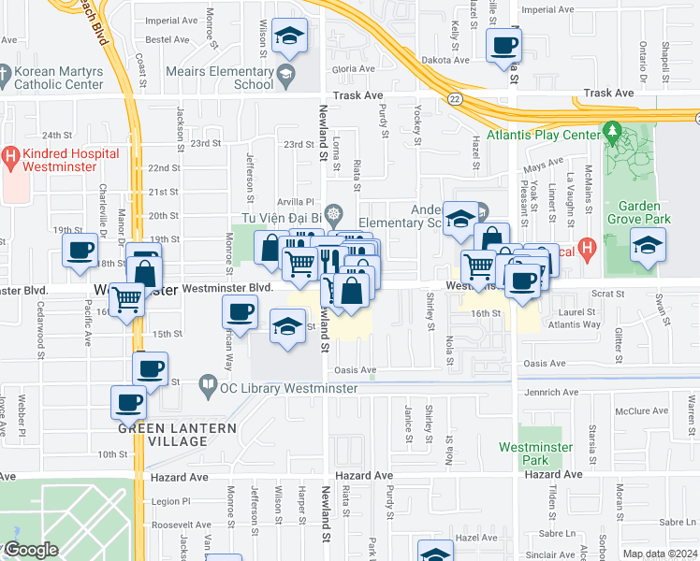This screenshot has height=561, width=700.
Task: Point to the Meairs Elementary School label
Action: point(220,78)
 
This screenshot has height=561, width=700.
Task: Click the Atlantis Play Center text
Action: point(555,134)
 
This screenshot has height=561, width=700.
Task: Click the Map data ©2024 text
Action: point(659,554)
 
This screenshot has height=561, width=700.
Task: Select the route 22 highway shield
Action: point(455,98)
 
